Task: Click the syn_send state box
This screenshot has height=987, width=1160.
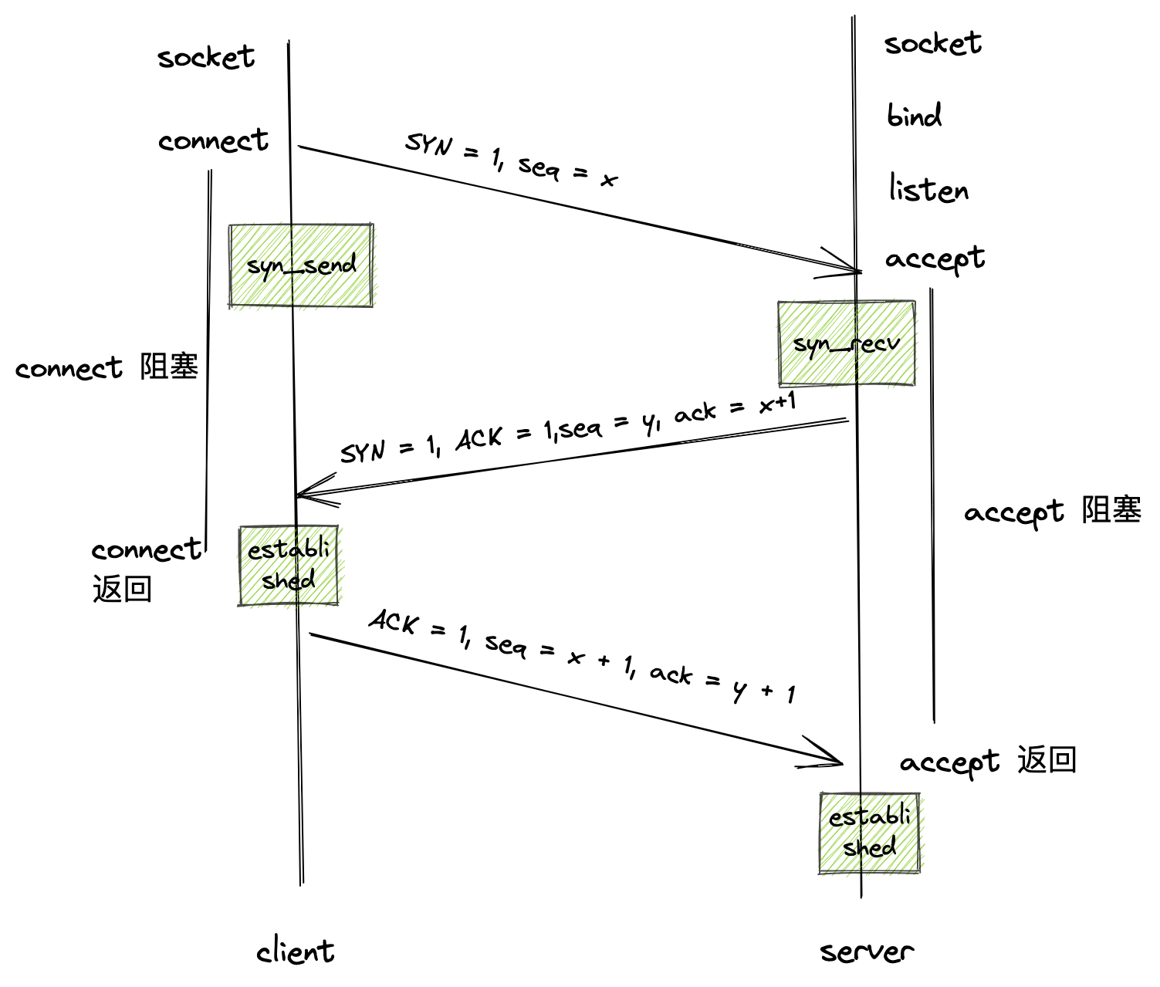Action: [x=301, y=266]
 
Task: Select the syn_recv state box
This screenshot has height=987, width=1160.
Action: [x=847, y=343]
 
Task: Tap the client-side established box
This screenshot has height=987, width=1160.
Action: [x=289, y=566]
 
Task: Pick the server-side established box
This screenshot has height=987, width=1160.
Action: [x=869, y=833]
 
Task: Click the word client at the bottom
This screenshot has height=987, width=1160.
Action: [x=296, y=951]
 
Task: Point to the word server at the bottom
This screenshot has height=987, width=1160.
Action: [x=867, y=951]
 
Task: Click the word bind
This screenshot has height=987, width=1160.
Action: [x=914, y=117]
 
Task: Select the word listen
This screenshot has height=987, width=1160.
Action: [x=928, y=189]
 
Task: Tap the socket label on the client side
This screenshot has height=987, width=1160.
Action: [x=206, y=57]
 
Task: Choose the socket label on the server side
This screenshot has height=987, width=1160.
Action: [x=932, y=43]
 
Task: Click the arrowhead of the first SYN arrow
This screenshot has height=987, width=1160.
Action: [x=853, y=269]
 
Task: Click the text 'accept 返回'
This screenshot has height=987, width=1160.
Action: [x=988, y=762]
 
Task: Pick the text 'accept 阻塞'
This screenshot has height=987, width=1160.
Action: [x=1052, y=512]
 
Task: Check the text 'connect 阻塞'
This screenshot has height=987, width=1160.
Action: [x=107, y=367]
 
